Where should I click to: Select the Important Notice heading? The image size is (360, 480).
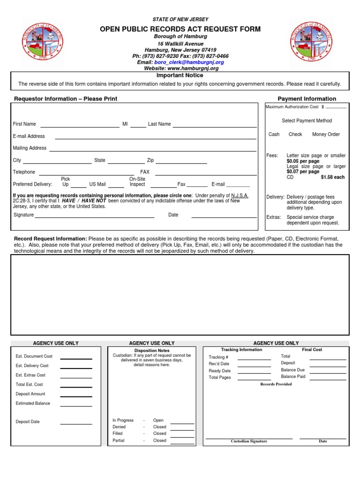(180, 75)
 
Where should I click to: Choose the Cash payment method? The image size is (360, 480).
(274, 134)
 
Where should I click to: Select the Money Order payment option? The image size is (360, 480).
(326, 134)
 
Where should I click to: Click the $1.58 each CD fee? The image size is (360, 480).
(332, 177)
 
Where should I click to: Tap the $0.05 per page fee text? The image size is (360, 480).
(303, 161)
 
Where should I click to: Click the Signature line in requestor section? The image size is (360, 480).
(95, 217)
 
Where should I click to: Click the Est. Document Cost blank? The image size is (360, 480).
(76, 358)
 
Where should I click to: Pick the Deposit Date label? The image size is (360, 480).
(28, 422)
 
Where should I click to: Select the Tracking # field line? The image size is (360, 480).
(254, 359)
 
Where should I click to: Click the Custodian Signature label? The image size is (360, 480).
(249, 441)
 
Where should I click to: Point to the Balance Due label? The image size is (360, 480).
(292, 370)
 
